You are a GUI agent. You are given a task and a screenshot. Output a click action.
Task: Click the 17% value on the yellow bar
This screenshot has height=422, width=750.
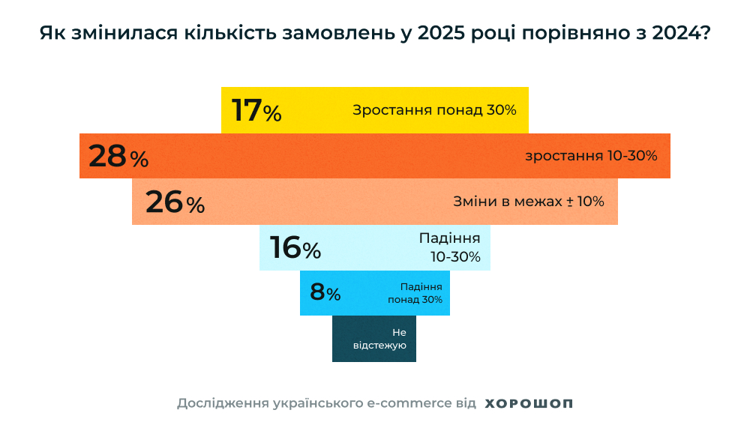256,110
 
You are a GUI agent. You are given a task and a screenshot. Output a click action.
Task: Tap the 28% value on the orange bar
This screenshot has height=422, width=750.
118,157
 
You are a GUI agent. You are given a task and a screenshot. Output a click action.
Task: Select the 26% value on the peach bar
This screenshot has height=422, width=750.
175,202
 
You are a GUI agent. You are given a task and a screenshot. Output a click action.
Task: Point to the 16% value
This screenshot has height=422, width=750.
295,248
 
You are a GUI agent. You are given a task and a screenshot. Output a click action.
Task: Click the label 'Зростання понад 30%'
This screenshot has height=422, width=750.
434,110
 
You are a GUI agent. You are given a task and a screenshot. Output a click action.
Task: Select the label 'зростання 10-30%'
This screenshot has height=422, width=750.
591,156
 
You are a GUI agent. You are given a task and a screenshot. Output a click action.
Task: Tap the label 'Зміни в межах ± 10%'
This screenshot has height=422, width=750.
529,202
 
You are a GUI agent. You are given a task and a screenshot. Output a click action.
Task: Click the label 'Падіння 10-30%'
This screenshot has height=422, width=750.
450,248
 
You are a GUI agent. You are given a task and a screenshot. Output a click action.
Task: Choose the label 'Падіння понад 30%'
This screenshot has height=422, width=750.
415,293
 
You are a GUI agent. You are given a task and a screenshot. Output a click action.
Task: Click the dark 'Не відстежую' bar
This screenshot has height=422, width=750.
374,339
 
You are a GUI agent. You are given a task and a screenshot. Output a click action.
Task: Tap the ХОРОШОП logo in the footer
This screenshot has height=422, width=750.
529,403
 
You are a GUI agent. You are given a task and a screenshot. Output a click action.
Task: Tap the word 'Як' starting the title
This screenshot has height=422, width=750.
49,34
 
